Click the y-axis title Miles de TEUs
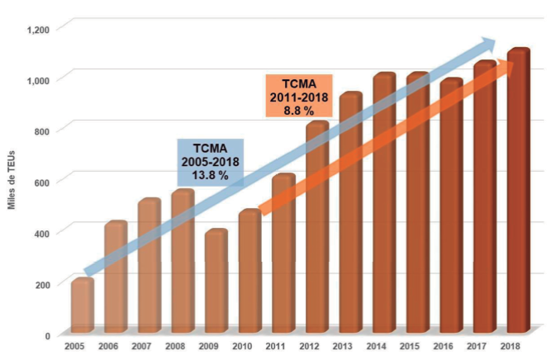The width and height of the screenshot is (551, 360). click(x=14, y=182)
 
